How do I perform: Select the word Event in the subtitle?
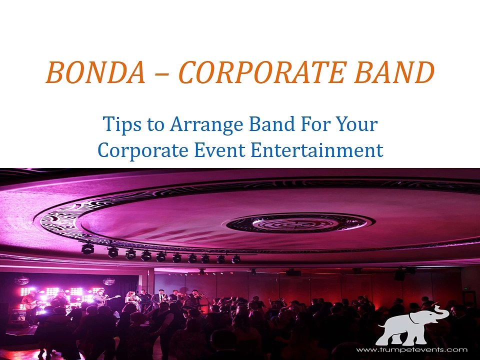pyautogui.click(x=219, y=150)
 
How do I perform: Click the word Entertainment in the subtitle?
pyautogui.click(x=317, y=150)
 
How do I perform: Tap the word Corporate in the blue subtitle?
pyautogui.click(x=143, y=150)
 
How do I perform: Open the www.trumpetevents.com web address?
pyautogui.click(x=411, y=349)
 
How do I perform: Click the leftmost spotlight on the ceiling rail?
pyautogui.click(x=87, y=248)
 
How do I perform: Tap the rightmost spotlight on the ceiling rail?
pyautogui.click(x=236, y=259)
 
